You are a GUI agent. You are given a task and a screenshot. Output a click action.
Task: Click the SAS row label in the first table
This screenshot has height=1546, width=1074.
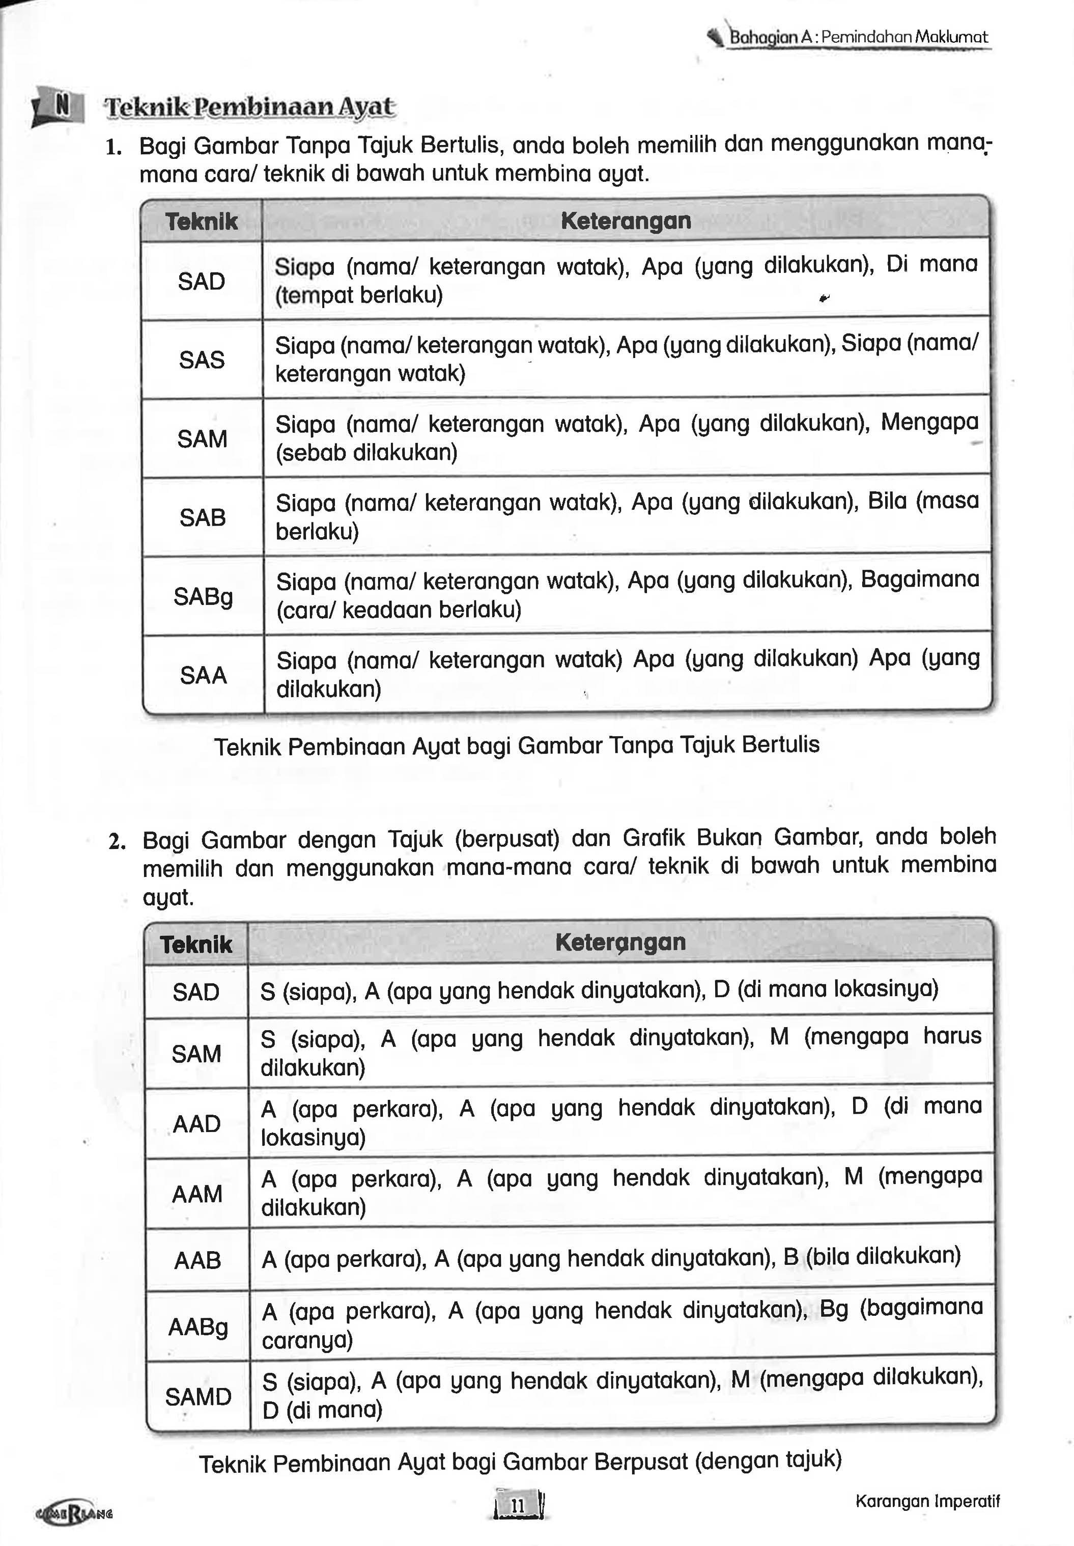click(201, 360)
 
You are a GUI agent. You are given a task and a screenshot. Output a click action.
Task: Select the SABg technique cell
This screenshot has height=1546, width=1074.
click(203, 596)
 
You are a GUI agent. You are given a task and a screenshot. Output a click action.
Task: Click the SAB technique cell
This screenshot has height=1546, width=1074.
click(202, 517)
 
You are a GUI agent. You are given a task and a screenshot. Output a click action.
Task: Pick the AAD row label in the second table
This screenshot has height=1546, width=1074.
click(196, 1123)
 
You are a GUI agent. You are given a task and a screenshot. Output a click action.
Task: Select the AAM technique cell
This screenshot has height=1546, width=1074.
click(196, 1193)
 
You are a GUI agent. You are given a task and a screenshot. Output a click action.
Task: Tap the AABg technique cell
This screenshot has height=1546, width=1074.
click(198, 1327)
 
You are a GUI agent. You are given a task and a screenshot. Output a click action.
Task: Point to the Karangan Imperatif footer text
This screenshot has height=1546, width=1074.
click(927, 1501)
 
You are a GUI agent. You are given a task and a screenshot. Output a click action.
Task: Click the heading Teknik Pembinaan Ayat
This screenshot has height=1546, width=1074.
click(249, 107)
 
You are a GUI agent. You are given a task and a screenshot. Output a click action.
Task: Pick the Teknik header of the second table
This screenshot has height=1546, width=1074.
click(196, 944)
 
